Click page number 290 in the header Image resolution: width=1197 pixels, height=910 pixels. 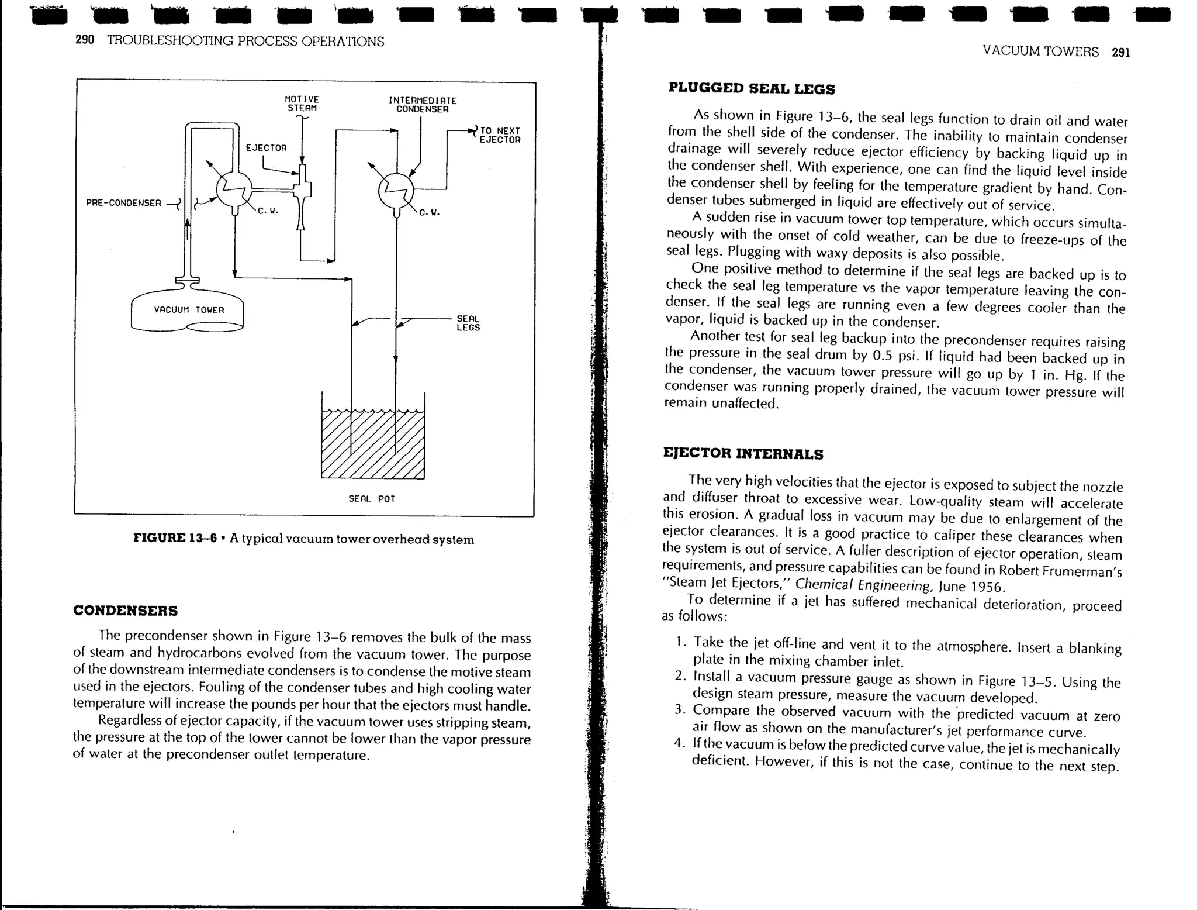click(x=85, y=40)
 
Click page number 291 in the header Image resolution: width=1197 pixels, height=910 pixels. click(x=1120, y=53)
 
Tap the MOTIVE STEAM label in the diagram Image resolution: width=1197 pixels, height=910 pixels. click(x=302, y=104)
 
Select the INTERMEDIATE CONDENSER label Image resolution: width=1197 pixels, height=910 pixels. click(x=422, y=105)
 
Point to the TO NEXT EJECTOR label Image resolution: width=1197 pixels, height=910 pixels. click(x=499, y=135)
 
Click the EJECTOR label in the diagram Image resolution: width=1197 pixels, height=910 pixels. click(x=266, y=148)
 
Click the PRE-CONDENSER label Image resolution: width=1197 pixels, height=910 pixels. click(x=123, y=203)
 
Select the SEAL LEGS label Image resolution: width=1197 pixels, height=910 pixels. click(x=468, y=323)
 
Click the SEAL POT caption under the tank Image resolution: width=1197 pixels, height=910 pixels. click(x=372, y=498)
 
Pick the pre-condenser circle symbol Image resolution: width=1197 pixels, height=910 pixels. click(x=234, y=189)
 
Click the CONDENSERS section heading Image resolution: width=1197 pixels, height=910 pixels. click(x=125, y=611)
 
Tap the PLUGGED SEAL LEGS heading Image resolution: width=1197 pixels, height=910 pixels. click(x=751, y=89)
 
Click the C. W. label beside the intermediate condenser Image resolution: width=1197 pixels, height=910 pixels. click(x=429, y=213)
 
